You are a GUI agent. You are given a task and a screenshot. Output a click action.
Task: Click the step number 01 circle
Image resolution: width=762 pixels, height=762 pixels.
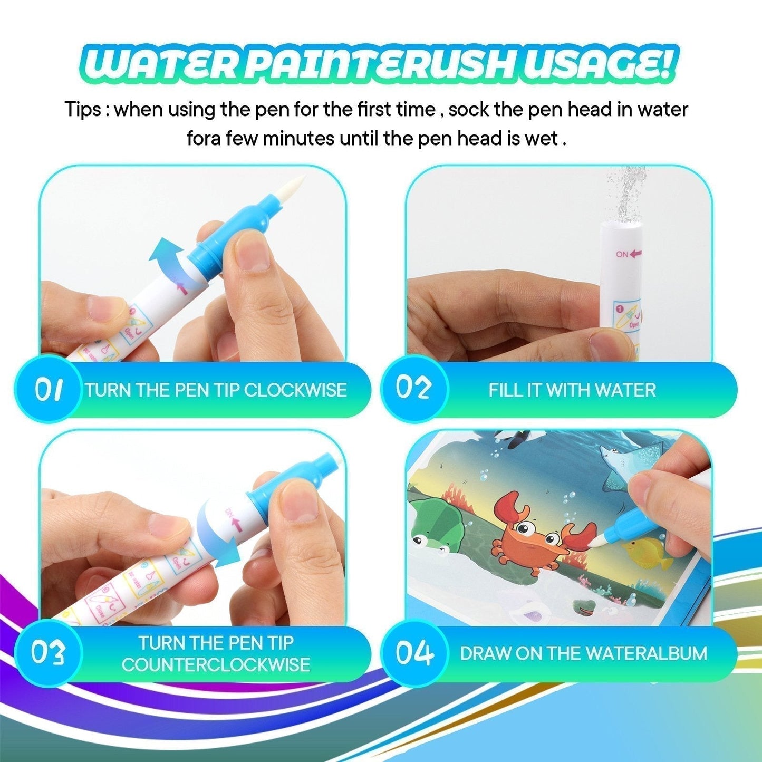point(48,389)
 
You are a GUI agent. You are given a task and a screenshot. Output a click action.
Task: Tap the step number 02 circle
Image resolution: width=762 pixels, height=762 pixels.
point(414,389)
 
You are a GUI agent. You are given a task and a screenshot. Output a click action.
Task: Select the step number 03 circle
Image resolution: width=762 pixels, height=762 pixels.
point(48,653)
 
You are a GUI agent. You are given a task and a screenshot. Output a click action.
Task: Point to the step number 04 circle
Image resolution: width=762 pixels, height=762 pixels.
point(414,653)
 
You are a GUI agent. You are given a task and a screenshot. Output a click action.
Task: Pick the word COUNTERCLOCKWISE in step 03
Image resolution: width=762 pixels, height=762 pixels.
point(216,665)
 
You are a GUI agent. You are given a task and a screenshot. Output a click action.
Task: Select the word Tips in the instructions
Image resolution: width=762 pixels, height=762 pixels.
point(82,110)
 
